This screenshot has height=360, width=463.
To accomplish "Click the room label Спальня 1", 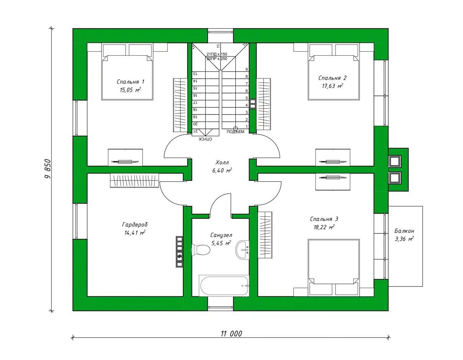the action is click(130, 82).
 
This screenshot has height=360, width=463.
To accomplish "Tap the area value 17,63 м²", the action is click(332, 86).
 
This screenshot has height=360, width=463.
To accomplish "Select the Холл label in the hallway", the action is click(222, 163).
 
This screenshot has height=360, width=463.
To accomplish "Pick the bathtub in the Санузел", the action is click(224, 285).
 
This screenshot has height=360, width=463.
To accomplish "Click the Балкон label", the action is click(404, 231).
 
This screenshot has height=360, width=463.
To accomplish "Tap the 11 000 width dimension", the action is click(231, 333).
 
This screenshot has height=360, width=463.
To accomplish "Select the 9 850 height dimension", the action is click(48, 169).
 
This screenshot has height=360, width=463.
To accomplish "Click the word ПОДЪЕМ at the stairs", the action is click(235, 132).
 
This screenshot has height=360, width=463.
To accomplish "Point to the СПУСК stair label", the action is click(206, 139).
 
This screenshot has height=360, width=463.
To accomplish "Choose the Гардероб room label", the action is click(135, 225).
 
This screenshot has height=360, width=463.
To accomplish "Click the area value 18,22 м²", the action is click(324, 227).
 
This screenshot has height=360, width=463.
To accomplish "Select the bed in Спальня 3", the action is click(334, 268).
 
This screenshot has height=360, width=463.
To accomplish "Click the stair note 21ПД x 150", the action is click(217, 54).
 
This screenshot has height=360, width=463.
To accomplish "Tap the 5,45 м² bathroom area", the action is click(221, 243).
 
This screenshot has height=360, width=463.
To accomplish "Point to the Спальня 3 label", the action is click(324, 219).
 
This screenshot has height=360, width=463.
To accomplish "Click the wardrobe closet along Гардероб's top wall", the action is click(135, 181).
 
